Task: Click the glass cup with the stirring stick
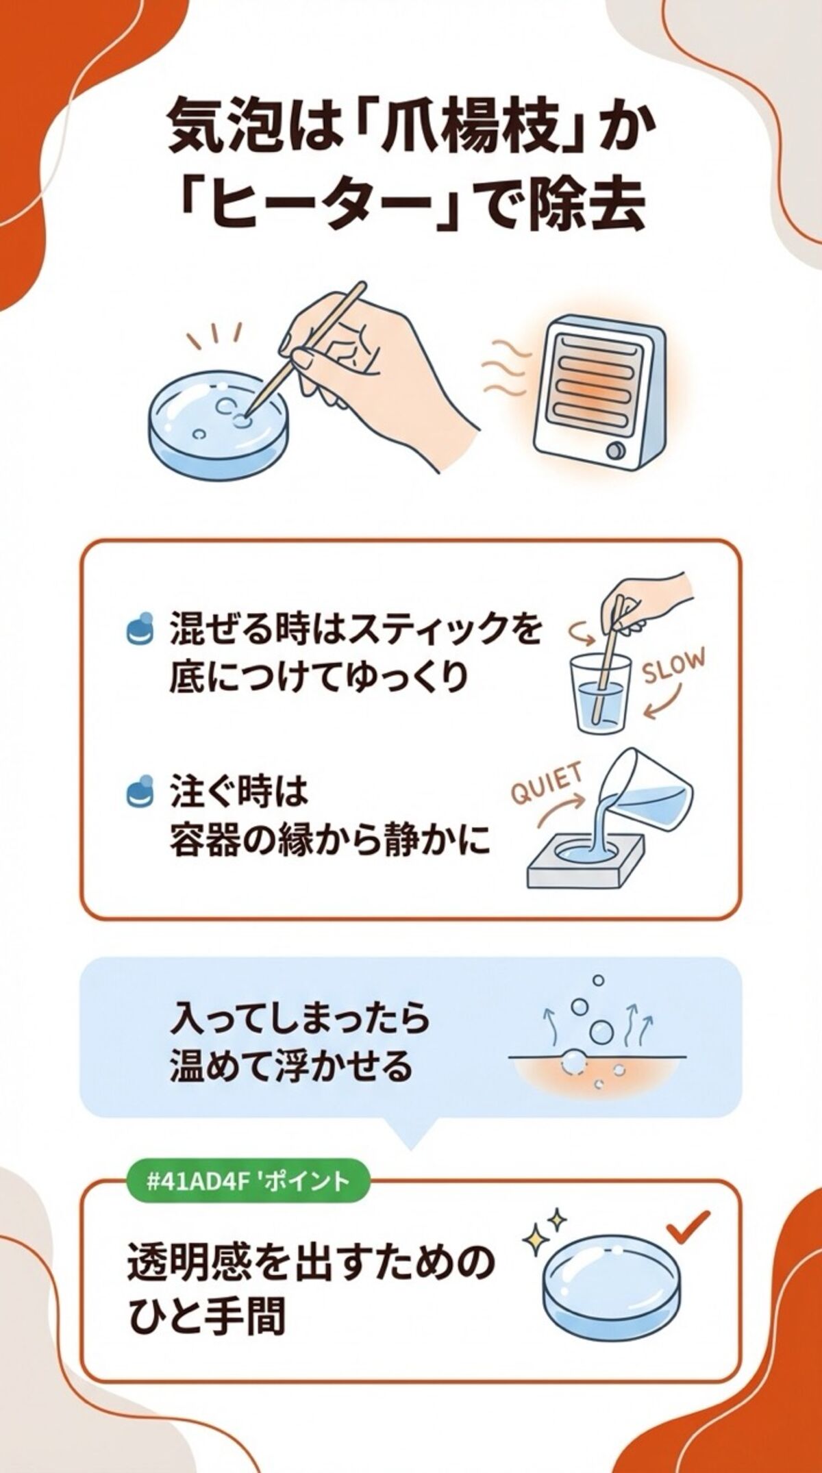(x=601, y=693)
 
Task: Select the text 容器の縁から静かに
(x=329, y=840)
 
